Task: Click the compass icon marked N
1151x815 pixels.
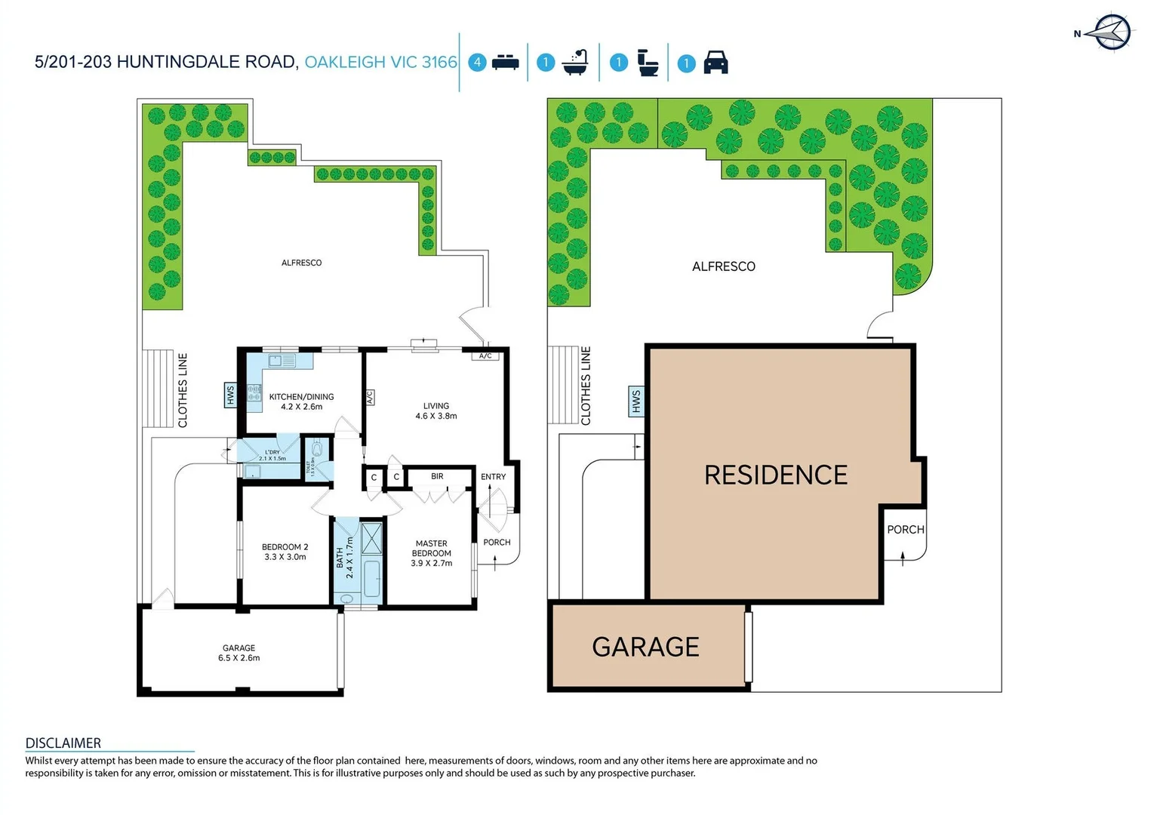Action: pyautogui.click(x=1112, y=32)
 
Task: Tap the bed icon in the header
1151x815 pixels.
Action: pyautogui.click(x=505, y=63)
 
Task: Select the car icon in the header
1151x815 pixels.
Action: pyautogui.click(x=716, y=63)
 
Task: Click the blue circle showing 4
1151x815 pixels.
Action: pyautogui.click(x=477, y=63)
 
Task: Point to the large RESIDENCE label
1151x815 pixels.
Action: pyautogui.click(x=776, y=475)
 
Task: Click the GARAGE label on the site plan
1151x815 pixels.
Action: pyautogui.click(x=645, y=647)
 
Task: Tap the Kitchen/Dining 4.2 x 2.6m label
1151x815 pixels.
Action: pyautogui.click(x=301, y=401)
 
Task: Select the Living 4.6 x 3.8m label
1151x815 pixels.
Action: pyautogui.click(x=435, y=411)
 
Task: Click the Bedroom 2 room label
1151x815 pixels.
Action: pyautogui.click(x=285, y=552)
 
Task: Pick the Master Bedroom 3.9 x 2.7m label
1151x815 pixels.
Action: pyautogui.click(x=431, y=553)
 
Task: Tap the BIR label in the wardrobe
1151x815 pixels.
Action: pyautogui.click(x=437, y=476)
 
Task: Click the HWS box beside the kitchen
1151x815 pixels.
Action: pyautogui.click(x=230, y=395)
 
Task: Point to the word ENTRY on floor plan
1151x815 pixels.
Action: pyautogui.click(x=493, y=476)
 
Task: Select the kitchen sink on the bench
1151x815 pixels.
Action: pyautogui.click(x=282, y=361)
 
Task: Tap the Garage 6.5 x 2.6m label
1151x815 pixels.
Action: pyautogui.click(x=239, y=653)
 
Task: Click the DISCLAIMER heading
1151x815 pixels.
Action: pyautogui.click(x=63, y=743)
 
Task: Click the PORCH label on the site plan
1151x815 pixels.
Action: pyautogui.click(x=905, y=530)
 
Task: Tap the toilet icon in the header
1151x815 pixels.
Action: pyautogui.click(x=648, y=63)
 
